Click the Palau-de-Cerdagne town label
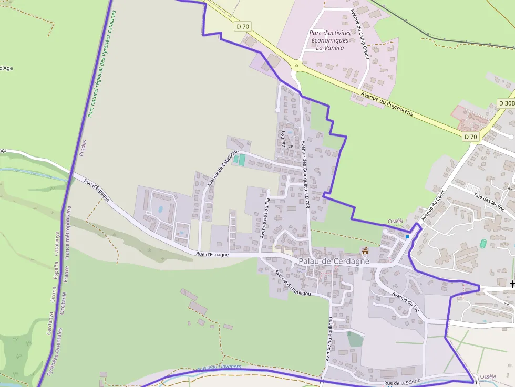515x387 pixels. pyautogui.click(x=334, y=261)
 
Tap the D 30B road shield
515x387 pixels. pyautogui.click(x=506, y=103)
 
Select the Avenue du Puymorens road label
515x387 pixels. pyautogui.click(x=387, y=103)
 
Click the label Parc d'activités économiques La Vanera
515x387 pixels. pyautogui.click(x=329, y=40)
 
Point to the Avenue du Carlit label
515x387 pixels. pyautogui.click(x=429, y=205)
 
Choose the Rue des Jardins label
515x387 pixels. pyautogui.click(x=489, y=203)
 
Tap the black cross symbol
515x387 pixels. pyautogui.click(x=512, y=284)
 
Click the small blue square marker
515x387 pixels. pyautogui.click(x=407, y=237)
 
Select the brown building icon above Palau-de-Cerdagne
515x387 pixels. pyautogui.click(x=365, y=250)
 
